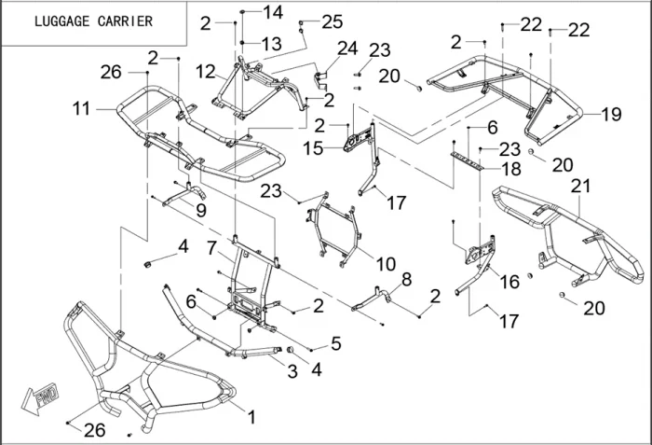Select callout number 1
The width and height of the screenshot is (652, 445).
(250, 413)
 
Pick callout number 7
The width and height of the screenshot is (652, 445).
(212, 248)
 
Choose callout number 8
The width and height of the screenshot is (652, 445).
(406, 279)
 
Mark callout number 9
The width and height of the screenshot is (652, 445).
(201, 211)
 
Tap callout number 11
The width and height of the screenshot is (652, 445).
(82, 109)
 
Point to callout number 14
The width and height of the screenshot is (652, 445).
(272, 12)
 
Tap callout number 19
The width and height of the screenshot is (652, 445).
(611, 115)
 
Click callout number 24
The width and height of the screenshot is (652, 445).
(346, 49)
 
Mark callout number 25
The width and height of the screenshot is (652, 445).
(332, 21)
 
